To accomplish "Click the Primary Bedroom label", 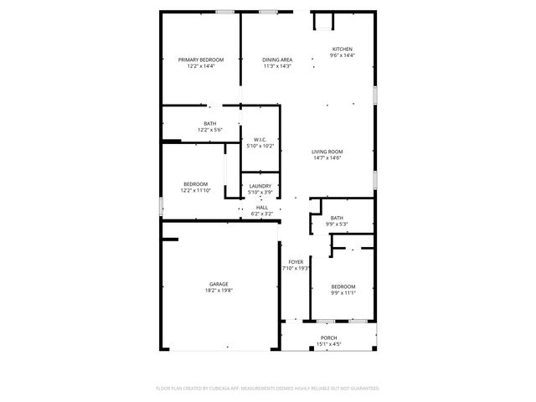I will click(201, 59).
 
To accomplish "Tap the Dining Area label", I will click(276, 59).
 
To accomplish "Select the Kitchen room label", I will click(343, 49).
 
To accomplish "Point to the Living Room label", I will click(327, 152).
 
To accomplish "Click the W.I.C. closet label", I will click(260, 141).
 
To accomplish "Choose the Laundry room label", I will click(260, 186).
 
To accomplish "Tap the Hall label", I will click(262, 208).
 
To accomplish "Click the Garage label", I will click(219, 284).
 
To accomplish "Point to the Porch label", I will click(328, 338).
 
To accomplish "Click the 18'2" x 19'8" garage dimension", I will click(219, 290).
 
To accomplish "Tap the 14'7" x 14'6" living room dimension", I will click(327, 157).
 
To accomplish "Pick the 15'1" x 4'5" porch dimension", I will click(328, 343).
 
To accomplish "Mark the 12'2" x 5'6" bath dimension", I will click(209, 130).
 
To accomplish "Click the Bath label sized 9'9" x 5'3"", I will click(337, 219).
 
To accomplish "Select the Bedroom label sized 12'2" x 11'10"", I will click(196, 184).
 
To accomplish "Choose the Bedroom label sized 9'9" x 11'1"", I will click(343, 286).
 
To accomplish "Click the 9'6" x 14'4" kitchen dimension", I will click(343, 55).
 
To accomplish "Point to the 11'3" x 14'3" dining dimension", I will click(276, 65).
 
